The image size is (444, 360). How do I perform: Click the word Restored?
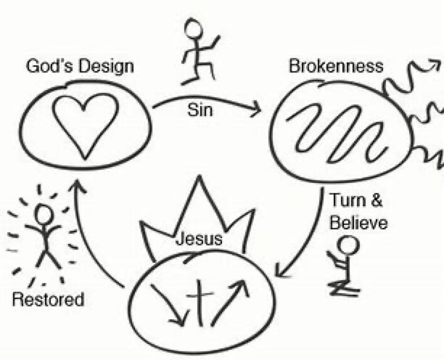48,299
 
